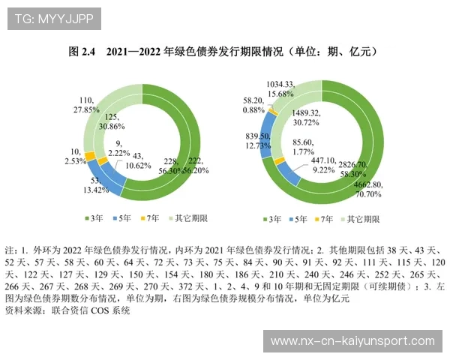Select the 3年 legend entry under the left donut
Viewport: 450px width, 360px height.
point(93,218)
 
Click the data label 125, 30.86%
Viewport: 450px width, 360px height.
point(112,123)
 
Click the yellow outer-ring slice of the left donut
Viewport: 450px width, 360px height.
point(91,157)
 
